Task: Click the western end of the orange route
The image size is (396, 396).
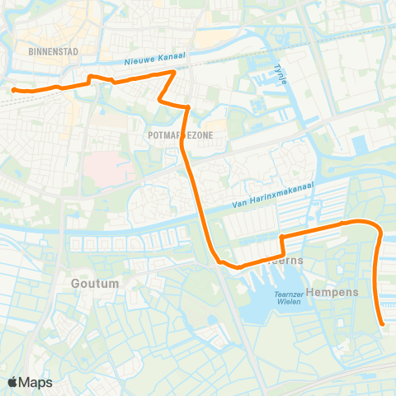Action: (x=14, y=88)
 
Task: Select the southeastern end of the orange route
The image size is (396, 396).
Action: (x=383, y=325)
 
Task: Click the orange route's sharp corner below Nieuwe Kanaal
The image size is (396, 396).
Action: (x=172, y=73)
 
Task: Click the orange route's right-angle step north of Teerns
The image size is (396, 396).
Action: (x=282, y=238)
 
